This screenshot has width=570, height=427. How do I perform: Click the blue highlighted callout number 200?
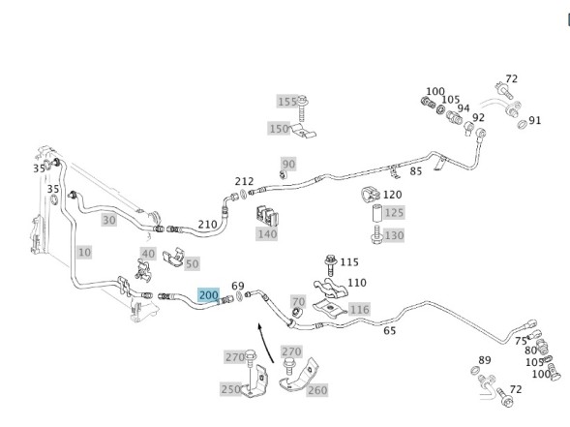[209, 295]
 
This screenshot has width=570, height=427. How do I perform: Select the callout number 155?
[287, 102]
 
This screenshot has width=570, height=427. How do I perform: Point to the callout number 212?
[244, 181]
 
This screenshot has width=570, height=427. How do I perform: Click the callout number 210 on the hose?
[207, 225]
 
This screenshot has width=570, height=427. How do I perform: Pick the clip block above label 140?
[267, 216]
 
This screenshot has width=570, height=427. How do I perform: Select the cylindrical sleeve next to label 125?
[376, 212]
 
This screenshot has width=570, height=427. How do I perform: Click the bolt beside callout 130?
[376, 234]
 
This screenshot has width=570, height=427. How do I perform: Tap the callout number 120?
[392, 195]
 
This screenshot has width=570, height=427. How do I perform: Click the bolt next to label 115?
[330, 264]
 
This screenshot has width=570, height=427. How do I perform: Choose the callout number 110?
[357, 283]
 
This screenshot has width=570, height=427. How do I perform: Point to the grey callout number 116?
[359, 310]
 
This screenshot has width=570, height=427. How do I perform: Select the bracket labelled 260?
[298, 377]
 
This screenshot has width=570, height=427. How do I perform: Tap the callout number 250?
[230, 389]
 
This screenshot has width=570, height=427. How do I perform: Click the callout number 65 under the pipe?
[389, 330]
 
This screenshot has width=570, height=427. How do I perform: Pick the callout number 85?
[416, 171]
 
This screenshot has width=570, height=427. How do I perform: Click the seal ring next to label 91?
[522, 124]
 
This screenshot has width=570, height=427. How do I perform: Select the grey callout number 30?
[108, 220]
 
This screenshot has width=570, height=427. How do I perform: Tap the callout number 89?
[484, 360]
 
